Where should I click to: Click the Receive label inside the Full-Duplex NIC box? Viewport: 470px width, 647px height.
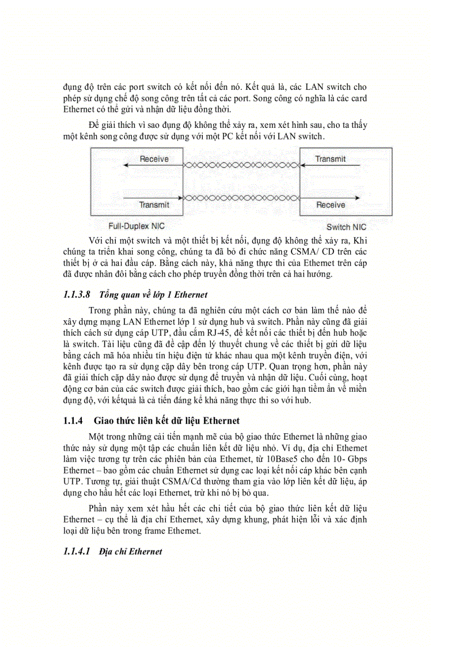coord(154,159)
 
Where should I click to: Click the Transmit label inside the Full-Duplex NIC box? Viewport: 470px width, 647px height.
coord(154,205)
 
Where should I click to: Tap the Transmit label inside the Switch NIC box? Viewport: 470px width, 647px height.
coord(330,159)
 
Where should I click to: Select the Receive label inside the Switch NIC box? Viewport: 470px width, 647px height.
coord(331,205)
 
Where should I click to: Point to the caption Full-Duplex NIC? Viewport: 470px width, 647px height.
coord(137,226)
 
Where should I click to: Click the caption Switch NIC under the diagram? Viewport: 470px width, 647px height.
coord(346,227)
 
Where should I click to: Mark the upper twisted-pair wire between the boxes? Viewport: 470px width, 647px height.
coord(241,165)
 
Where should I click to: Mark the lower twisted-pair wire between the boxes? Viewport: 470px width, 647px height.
coord(241,198)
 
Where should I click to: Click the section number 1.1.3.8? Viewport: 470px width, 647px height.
coord(77,295)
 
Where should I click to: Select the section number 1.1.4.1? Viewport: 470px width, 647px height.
coord(77,551)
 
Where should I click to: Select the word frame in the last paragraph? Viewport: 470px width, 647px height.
coord(158,531)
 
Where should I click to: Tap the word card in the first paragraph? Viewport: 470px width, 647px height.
coord(357,99)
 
